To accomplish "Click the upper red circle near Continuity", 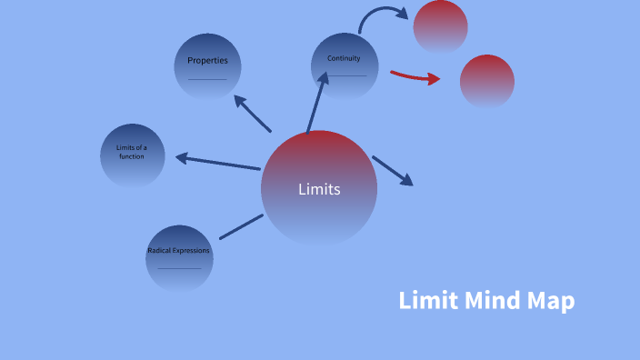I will tap(440, 26).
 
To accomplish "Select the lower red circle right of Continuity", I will tap(486, 81).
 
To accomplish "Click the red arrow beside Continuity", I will tap(415, 76).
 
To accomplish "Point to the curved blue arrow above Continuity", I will tap(381, 15).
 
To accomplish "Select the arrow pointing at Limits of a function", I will tap(218, 163).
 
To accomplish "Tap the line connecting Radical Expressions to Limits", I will tap(241, 226).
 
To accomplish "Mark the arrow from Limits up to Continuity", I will tap(315, 105).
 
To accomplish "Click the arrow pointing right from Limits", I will tap(393, 171).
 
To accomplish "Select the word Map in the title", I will tap(550, 301).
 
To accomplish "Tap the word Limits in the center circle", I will tap(319, 189).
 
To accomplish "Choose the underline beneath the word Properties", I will tap(207, 79).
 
